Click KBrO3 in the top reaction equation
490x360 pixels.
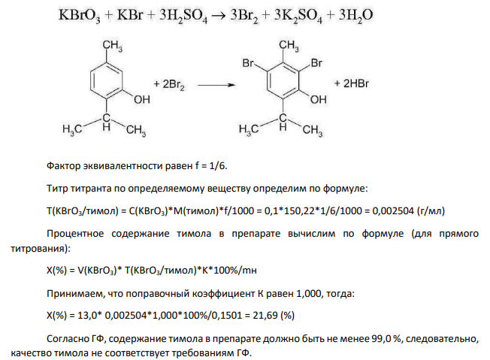point(80,16)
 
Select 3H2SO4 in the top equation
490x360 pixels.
point(183,16)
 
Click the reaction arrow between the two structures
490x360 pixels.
point(216,85)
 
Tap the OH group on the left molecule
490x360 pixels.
point(142,99)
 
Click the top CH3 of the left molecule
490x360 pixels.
point(113,46)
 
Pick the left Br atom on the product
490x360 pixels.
point(248,63)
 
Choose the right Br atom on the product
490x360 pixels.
point(316,63)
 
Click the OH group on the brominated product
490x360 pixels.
point(318,99)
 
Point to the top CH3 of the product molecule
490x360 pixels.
point(289,46)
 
